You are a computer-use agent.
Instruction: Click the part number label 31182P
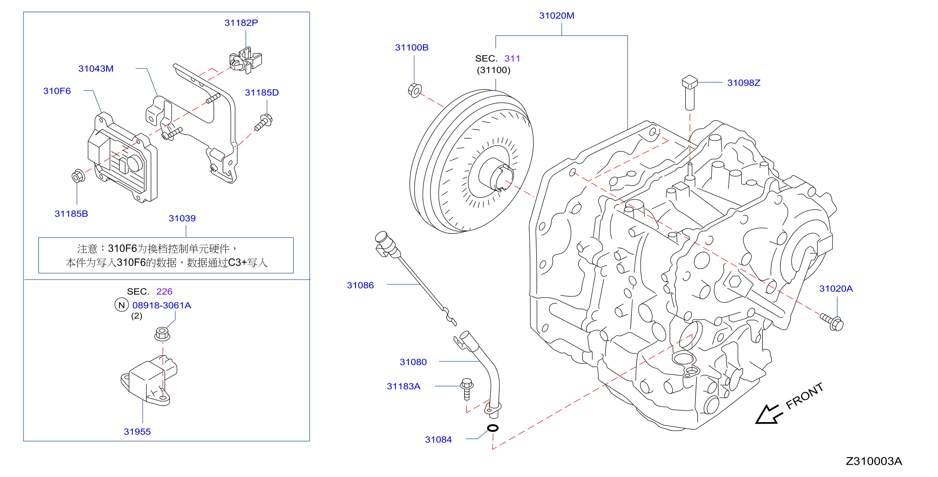pyautogui.click(x=241, y=23)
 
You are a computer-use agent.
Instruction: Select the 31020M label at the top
pyautogui.click(x=556, y=16)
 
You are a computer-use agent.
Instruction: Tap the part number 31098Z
pyautogui.click(x=744, y=83)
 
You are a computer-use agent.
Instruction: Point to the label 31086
pyautogui.click(x=360, y=285)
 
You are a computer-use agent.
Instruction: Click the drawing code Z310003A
pyautogui.click(x=874, y=461)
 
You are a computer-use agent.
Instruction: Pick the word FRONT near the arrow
pyautogui.click(x=804, y=396)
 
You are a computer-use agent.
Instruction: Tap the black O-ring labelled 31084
pyautogui.click(x=493, y=428)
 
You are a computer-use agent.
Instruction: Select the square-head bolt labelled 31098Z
pyautogui.click(x=690, y=93)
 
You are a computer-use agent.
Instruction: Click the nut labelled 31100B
pyautogui.click(x=415, y=90)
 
